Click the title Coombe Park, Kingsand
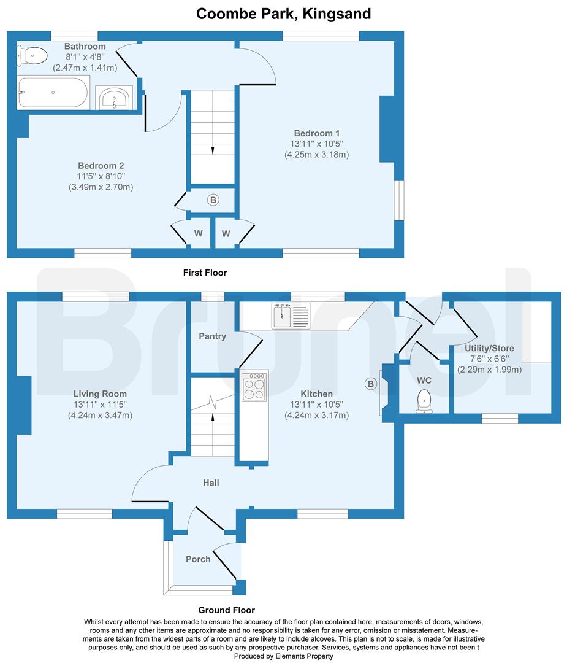click(283, 14)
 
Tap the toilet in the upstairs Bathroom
click(34, 56)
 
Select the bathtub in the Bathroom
click(53, 93)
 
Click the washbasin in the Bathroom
click(115, 98)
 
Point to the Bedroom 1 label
click(316, 133)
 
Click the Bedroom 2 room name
click(101, 166)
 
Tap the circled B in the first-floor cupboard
click(213, 200)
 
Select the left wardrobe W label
click(199, 233)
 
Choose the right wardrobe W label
click(226, 233)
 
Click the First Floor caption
click(205, 272)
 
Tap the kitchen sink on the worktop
click(291, 316)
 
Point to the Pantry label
click(212, 336)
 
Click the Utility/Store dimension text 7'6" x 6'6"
click(489, 359)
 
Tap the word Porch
click(198, 559)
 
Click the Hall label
click(211, 483)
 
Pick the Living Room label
click(100, 394)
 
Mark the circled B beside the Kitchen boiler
click(370, 384)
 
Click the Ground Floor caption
click(227, 610)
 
